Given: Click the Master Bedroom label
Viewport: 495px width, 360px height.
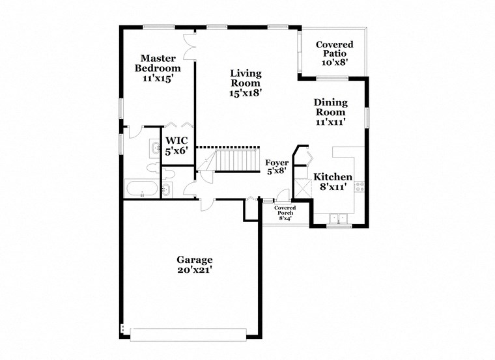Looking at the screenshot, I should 158,62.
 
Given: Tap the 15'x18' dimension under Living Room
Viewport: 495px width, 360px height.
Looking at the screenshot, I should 245,93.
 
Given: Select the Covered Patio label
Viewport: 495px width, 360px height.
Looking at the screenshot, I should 334,53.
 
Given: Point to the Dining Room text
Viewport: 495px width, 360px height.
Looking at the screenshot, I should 330,107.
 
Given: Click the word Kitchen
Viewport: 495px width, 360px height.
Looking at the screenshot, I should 333,177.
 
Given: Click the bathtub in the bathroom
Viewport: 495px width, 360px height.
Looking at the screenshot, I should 140,190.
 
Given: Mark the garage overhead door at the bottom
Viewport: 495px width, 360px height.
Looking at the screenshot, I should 188,334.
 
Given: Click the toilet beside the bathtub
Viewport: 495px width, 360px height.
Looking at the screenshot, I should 166,189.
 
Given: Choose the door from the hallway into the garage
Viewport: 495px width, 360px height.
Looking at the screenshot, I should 206,204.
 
